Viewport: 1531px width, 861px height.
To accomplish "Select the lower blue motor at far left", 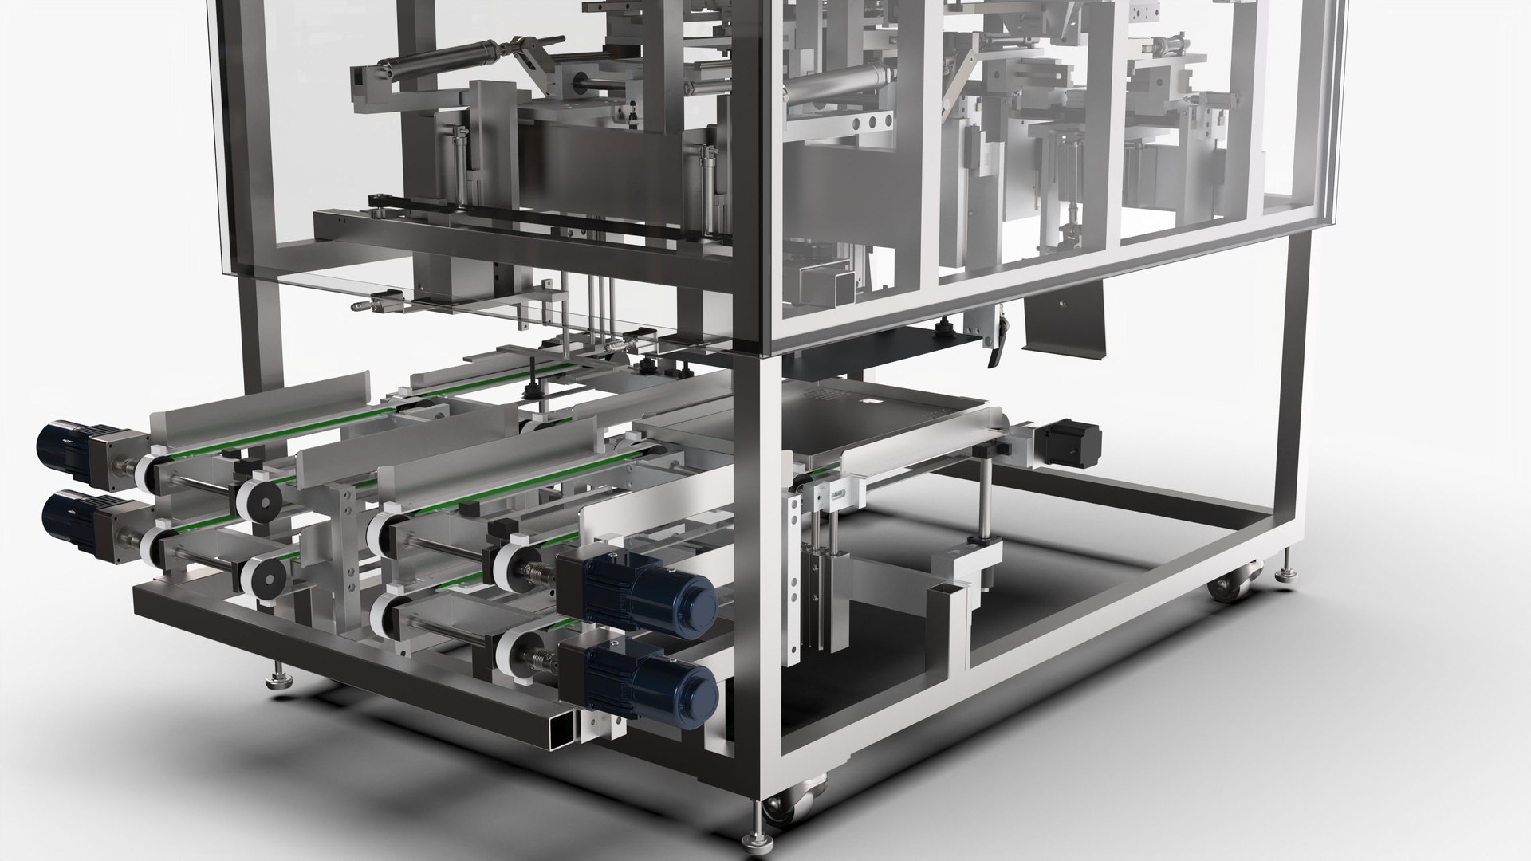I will [x=67, y=517].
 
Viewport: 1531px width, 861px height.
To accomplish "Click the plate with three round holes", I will [x=869, y=122].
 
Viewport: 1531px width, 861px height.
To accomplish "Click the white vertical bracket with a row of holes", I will [x=793, y=550].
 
